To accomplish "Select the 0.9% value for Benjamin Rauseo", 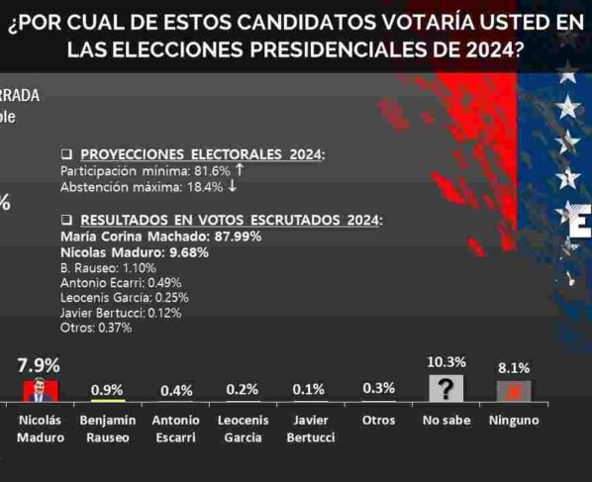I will point(107,389).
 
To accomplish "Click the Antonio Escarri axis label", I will point(175,429).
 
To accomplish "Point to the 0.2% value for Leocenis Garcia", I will point(243,389).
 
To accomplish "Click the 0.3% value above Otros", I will point(378,388).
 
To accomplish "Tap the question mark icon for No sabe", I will point(445,389).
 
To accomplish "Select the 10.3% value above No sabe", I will point(445,362).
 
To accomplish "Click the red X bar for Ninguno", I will point(514,391).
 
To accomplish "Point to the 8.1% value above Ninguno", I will point(514,367).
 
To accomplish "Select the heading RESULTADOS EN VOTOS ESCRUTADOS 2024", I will point(230,220).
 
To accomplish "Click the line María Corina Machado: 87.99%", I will point(159,237).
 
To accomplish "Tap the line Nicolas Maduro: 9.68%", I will point(133,252).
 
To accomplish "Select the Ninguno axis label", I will point(514,421).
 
